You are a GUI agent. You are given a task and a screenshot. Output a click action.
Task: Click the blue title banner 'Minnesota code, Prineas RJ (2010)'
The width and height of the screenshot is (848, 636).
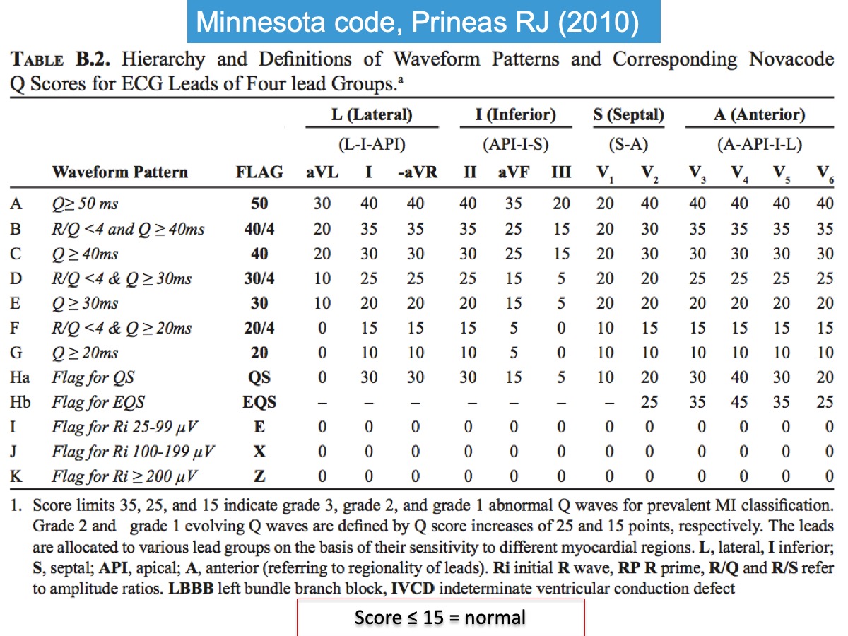click(418, 23)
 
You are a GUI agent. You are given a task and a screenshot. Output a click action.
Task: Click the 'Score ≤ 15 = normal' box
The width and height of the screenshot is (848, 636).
click(440, 617)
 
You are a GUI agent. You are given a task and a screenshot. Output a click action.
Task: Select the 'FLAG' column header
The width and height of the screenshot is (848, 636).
click(259, 172)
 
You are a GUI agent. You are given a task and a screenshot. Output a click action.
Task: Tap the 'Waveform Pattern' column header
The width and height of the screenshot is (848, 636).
click(119, 172)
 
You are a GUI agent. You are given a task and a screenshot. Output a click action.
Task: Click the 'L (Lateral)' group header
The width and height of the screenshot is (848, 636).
click(371, 114)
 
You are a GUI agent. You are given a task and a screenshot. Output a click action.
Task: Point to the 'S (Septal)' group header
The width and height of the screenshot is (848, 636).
click(628, 114)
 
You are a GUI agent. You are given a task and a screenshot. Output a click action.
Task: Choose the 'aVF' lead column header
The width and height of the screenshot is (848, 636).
click(514, 172)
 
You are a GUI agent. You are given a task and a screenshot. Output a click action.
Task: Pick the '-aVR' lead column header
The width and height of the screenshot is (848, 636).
click(415, 172)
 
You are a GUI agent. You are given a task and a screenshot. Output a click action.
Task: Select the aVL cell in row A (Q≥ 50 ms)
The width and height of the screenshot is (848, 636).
click(322, 204)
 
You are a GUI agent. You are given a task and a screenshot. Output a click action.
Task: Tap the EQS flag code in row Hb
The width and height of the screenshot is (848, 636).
click(259, 402)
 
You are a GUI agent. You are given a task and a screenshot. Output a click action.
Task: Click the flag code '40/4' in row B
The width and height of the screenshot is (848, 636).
click(259, 229)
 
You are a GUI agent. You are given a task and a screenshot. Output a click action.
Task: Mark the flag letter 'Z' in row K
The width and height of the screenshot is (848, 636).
click(259, 476)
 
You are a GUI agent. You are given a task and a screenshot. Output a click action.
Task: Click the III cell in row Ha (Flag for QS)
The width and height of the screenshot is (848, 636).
click(560, 377)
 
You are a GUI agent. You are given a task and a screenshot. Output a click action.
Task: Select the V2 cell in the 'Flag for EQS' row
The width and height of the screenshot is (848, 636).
click(649, 402)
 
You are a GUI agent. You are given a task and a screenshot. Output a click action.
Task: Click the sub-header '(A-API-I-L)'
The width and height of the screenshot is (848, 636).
click(759, 144)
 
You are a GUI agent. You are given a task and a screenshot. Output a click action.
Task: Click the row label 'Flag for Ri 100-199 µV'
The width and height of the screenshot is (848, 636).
click(133, 452)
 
